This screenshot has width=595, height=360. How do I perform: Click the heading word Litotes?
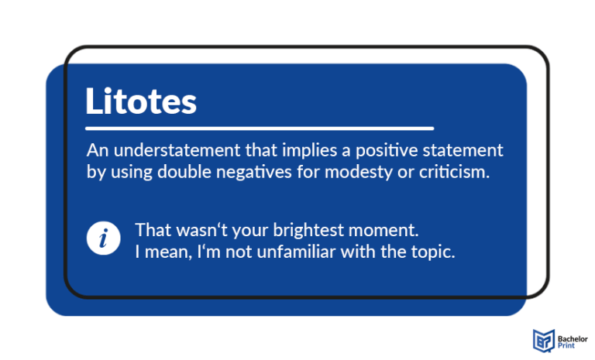pyautogui.click(x=140, y=101)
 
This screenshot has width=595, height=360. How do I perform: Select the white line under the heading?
pyautogui.click(x=260, y=128)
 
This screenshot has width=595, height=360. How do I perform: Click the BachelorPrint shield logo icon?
pyautogui.click(x=543, y=339)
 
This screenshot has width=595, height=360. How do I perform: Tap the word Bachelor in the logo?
pyautogui.click(x=572, y=334)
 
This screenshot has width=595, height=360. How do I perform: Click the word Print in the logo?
pyautogui.click(x=566, y=345)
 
